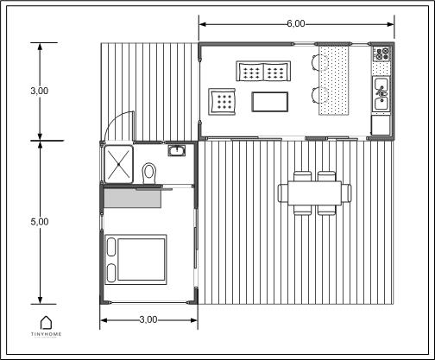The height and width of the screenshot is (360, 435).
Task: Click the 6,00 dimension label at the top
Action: pos(295,24)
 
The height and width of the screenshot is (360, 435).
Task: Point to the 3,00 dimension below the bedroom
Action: pos(149,321)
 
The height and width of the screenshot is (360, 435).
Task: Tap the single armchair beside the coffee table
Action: pos(223,102)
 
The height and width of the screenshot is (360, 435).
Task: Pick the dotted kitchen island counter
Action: pos(334,79)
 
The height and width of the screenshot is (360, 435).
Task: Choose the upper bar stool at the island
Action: pos(314,60)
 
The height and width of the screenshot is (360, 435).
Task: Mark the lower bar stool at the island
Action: pos(314,94)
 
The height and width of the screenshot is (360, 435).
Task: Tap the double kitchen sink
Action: pos(381,94)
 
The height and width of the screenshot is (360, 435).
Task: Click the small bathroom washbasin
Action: pos(178,151)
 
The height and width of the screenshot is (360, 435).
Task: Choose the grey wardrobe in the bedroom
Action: pos(132,198)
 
